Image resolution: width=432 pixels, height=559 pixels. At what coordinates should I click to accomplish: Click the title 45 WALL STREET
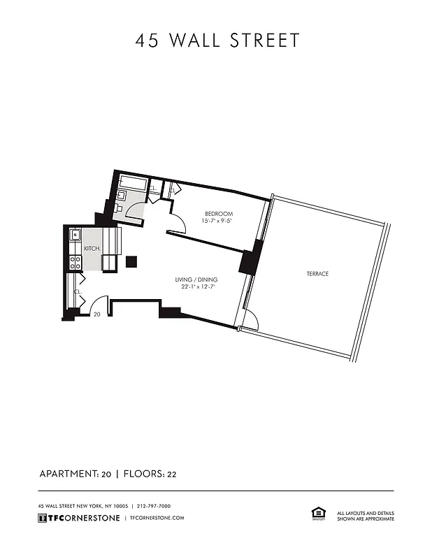(x=217, y=41)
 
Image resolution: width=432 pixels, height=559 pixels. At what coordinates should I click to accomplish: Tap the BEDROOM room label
(x=218, y=214)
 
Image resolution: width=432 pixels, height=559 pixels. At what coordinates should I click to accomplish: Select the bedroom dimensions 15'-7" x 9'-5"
(x=217, y=222)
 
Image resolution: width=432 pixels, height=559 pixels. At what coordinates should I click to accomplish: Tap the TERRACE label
(x=317, y=274)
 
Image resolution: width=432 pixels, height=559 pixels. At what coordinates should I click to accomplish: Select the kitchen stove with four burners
(x=75, y=263)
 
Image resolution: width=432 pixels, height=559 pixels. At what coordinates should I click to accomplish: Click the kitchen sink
(x=75, y=236)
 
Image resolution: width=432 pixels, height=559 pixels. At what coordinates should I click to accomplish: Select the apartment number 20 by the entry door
(x=97, y=315)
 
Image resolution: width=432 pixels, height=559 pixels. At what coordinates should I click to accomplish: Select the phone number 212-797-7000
(x=154, y=506)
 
